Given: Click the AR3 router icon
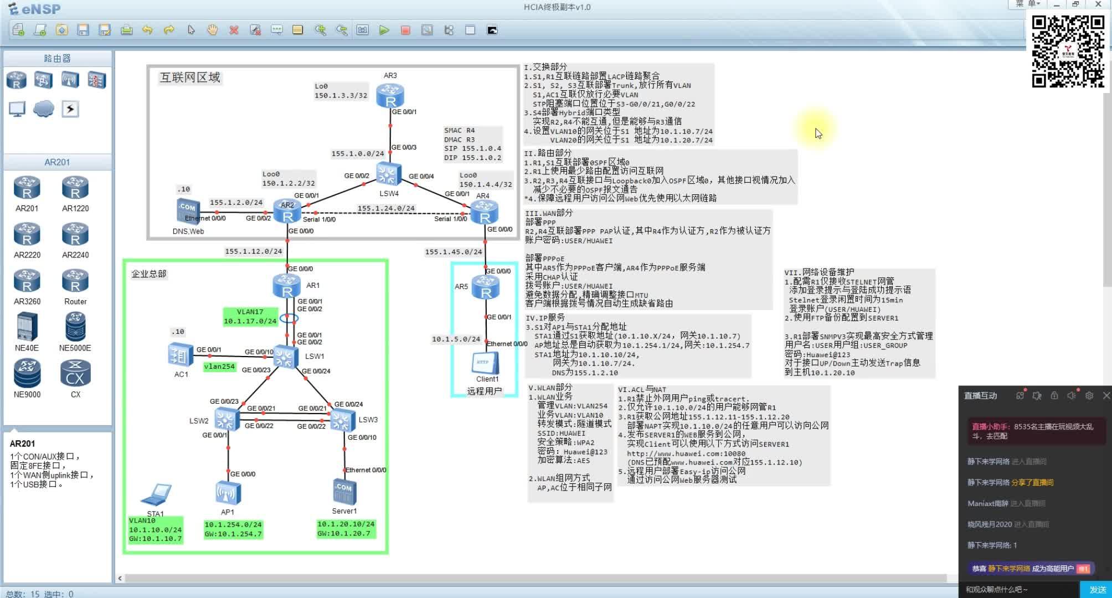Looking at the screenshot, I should point(390,95).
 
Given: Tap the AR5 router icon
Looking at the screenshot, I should point(486,288).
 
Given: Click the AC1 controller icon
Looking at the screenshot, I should point(181,355).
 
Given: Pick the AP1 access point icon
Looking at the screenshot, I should point(228,493).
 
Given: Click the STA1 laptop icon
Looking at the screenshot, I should point(156,495).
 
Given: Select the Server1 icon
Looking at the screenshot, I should point(344,492).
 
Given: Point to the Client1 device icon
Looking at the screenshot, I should point(486,363).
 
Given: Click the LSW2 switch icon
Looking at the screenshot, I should point(225,420).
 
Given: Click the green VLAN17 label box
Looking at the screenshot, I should point(250,316).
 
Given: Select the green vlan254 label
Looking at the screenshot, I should point(219,367).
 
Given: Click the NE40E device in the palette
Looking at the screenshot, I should point(27,327).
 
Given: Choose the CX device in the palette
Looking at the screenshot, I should point(75,373).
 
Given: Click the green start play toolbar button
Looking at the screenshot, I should point(384,30).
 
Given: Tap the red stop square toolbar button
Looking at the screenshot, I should point(405,30).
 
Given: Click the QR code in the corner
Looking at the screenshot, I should point(1068,51).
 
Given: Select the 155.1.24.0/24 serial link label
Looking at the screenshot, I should point(386,209).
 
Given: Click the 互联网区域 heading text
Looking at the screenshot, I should point(190,78).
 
